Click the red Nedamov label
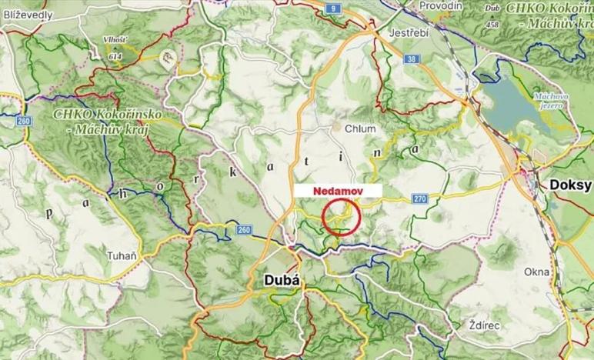[x=337, y=189]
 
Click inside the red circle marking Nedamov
[x=342, y=215]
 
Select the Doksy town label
[x=570, y=185]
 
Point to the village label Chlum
[x=359, y=128]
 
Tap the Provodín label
[x=441, y=5]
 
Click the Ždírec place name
[x=482, y=325]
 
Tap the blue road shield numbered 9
[x=332, y=8]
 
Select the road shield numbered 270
[x=419, y=198]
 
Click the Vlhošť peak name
[x=114, y=39]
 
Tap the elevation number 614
[x=115, y=56]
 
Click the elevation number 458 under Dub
[x=492, y=23]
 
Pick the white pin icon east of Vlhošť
[x=167, y=55]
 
